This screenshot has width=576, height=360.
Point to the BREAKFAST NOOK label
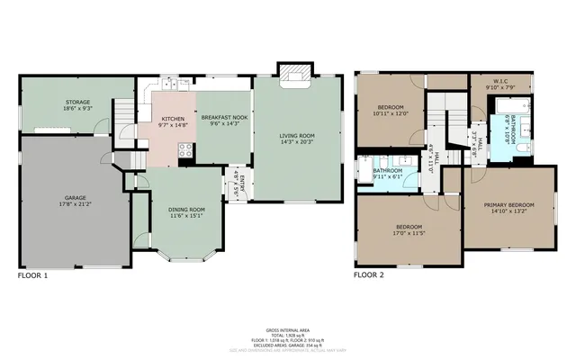[220, 118]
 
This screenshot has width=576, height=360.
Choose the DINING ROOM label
[185, 209]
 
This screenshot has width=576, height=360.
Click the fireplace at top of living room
[293, 72]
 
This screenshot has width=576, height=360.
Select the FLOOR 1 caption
[32, 275]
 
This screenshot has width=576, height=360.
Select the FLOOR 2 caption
[369, 275]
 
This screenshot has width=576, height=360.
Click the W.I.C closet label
[502, 82]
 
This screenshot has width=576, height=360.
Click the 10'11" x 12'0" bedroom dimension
[391, 112]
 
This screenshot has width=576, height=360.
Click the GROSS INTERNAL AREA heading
[287, 330]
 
